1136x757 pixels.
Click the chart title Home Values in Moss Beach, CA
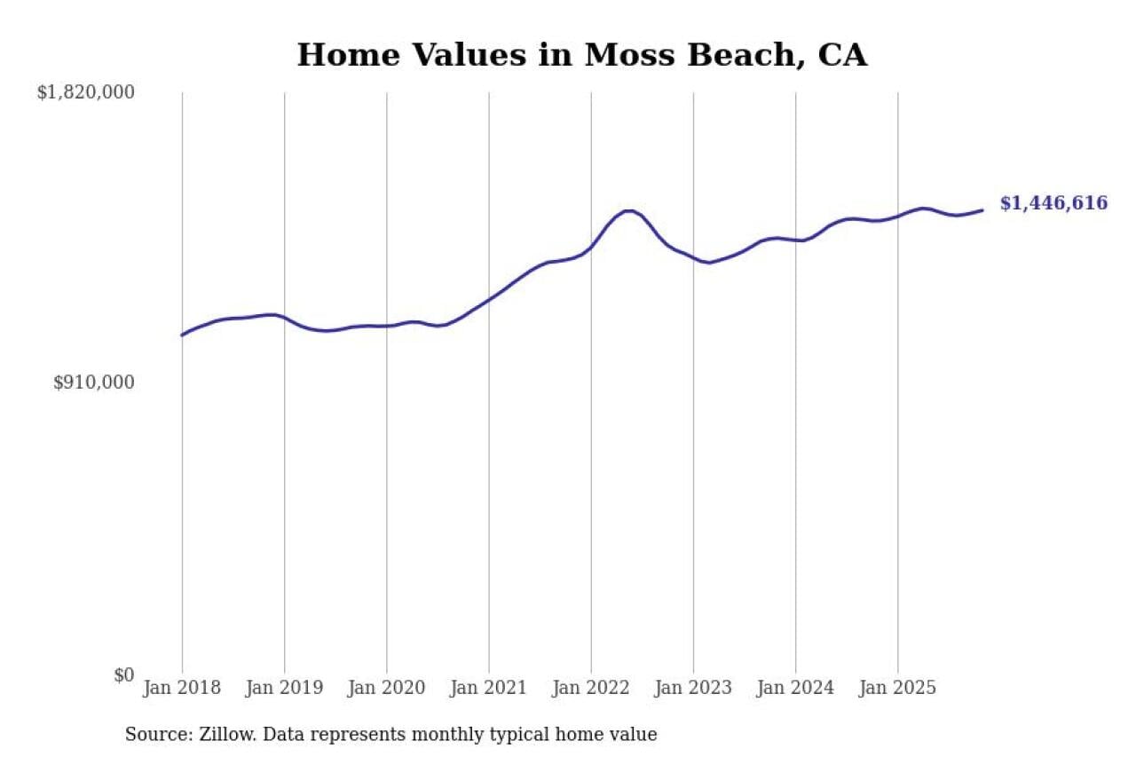pos(581,55)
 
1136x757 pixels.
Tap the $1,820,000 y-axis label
pos(85,91)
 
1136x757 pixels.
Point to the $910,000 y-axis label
pos(93,382)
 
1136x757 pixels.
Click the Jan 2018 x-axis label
pos(181,688)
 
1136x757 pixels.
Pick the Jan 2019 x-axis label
pos(284,688)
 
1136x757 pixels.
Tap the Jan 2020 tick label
pos(386,688)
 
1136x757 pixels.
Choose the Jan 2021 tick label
pos(488,688)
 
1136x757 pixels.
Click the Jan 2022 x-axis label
pos(590,688)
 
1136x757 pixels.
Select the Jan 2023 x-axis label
pos(693,688)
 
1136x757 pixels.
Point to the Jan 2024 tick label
pos(795,688)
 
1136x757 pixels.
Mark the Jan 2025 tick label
pos(897,688)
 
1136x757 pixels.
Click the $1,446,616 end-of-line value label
pos(1053,203)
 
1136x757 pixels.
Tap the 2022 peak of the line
pos(628,210)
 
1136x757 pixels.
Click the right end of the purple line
pos(982,210)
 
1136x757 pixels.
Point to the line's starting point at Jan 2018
pos(182,335)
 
